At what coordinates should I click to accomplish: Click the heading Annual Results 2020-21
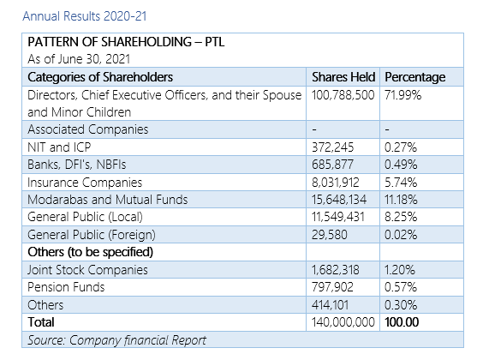point(85,16)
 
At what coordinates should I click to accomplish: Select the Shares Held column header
point(343,77)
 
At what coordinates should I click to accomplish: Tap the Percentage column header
point(415,77)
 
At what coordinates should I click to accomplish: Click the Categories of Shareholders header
point(100,77)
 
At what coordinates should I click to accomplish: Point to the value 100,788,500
point(343,95)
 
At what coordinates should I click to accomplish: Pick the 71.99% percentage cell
point(402,95)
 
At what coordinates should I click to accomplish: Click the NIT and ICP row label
point(59,147)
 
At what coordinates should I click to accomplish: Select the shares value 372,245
point(332,147)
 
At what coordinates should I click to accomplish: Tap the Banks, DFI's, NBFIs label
point(77,165)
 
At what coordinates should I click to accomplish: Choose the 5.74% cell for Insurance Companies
point(401,183)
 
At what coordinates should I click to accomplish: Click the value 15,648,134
point(339,200)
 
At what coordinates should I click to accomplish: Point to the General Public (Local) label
point(85,217)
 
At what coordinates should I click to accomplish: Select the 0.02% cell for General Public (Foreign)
point(401,235)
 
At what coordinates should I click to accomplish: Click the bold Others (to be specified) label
point(91,252)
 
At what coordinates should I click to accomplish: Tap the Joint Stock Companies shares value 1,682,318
point(335,270)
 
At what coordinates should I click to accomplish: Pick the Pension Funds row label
point(66,287)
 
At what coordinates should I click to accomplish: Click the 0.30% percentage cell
point(401,305)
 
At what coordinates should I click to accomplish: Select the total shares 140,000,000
point(343,322)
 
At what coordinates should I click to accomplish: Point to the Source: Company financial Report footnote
point(116,340)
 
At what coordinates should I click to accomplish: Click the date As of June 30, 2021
point(79,59)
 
